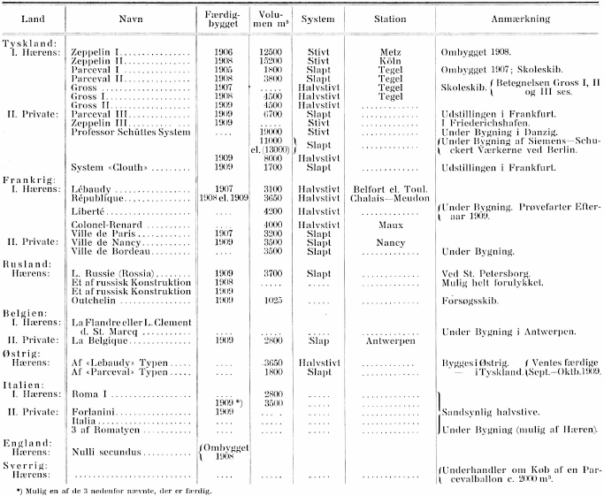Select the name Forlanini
pos(92,412)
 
